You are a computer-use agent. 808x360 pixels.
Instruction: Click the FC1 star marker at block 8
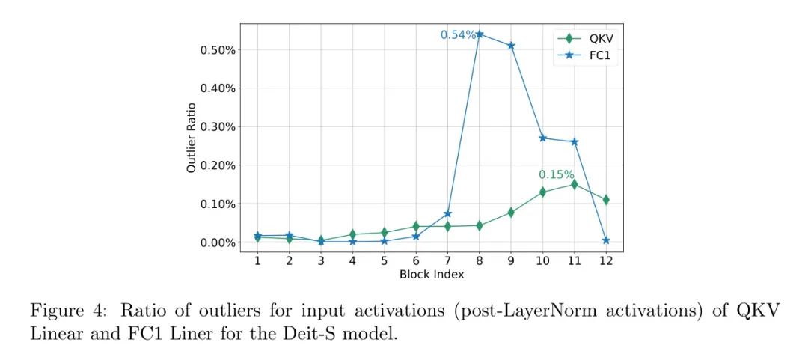click(480, 34)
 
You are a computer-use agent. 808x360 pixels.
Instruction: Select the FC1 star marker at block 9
click(511, 46)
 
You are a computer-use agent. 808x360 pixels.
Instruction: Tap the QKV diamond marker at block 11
click(574, 184)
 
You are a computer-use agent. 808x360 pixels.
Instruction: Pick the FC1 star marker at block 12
click(606, 240)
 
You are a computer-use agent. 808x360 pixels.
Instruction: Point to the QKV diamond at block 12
click(606, 200)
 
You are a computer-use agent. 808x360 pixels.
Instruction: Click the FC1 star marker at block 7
click(447, 213)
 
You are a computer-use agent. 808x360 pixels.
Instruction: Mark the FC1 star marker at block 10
click(542, 138)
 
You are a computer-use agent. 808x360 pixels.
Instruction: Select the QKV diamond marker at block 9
click(511, 212)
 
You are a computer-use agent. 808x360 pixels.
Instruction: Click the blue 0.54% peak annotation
click(458, 34)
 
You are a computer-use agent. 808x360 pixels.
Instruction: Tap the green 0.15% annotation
click(557, 174)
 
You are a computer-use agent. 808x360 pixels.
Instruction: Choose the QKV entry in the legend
click(585, 38)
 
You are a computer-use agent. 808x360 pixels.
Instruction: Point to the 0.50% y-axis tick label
click(218, 50)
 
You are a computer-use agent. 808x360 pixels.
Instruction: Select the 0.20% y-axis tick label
click(218, 165)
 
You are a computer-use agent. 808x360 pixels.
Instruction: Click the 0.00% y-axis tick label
click(218, 242)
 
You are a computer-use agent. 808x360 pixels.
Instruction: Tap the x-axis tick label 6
click(415, 260)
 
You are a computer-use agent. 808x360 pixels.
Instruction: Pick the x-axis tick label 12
click(606, 260)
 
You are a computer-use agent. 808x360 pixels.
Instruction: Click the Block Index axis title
click(432, 275)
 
